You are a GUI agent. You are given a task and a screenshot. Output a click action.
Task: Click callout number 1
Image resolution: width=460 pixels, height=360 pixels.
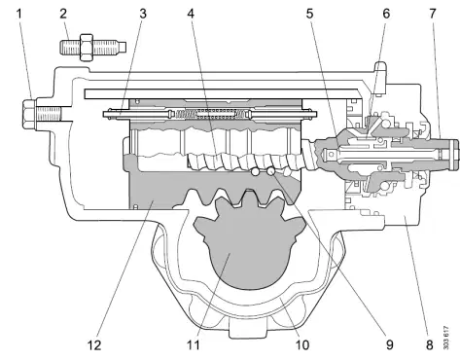19,14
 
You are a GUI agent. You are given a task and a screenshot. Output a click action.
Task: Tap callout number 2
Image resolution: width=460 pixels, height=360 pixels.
63,14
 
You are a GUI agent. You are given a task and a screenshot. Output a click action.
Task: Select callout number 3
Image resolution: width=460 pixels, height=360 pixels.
143,14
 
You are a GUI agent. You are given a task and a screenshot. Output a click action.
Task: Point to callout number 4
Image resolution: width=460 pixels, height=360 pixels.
191,14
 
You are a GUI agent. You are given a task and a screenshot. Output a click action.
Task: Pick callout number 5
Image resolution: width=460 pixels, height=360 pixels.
310,14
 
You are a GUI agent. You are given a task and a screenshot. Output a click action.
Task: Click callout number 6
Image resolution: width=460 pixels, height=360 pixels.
386,14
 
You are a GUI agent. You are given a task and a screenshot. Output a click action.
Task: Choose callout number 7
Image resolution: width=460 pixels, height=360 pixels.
433,14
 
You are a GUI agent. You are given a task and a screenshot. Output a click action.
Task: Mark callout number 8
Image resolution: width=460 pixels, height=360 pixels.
430,345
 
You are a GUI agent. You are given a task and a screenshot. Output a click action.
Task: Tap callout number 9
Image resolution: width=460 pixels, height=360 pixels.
389,345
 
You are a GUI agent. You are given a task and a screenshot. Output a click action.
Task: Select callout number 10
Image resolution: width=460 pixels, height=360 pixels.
301,345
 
